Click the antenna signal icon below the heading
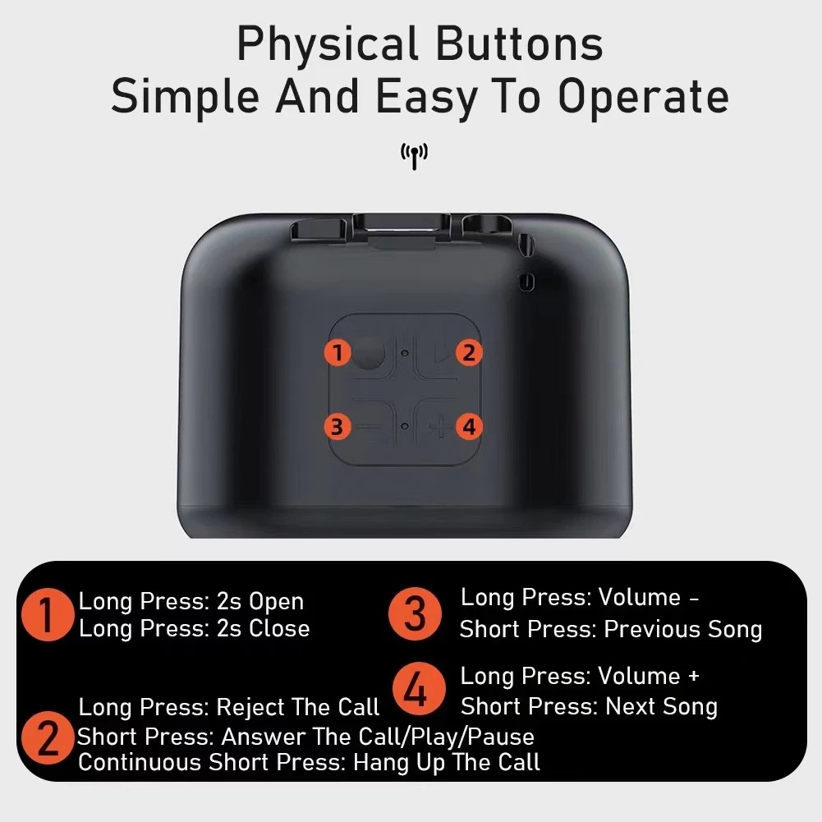pyautogui.click(x=414, y=156)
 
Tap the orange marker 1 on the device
pyautogui.click(x=337, y=352)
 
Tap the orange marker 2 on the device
pyautogui.click(x=468, y=352)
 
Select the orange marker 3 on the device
pyautogui.click(x=337, y=426)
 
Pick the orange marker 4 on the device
pyautogui.click(x=468, y=426)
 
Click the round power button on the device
pyautogui.click(x=368, y=353)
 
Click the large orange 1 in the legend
pyautogui.click(x=48, y=614)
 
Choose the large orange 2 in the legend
pyautogui.click(x=48, y=737)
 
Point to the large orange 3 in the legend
pyautogui.click(x=415, y=613)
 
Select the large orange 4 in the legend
pyautogui.click(x=418, y=689)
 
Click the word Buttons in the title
pyautogui.click(x=519, y=44)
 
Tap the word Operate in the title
pyautogui.click(x=643, y=98)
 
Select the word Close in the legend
pyautogui.click(x=279, y=628)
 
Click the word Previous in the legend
pyautogui.click(x=652, y=629)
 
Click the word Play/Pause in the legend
pyautogui.click(x=473, y=737)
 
